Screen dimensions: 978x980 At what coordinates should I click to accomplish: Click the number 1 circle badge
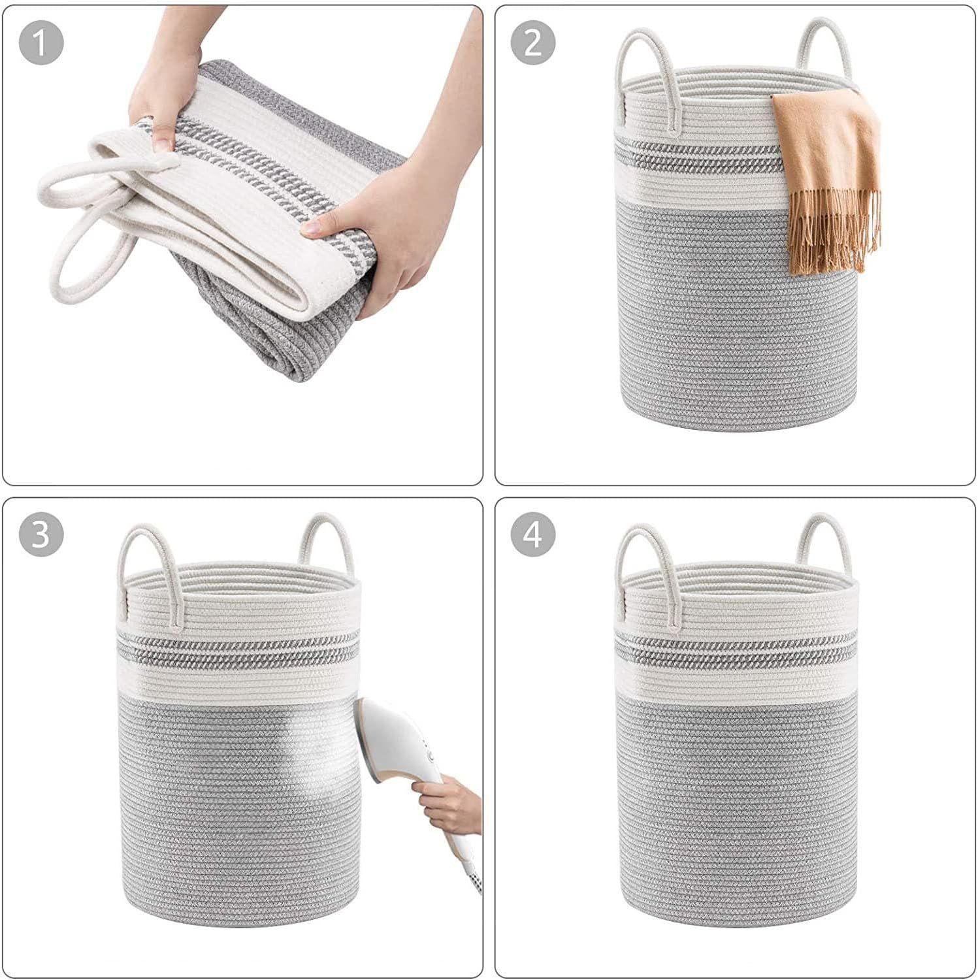pyautogui.click(x=41, y=43)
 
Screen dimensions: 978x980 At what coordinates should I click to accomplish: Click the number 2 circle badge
pyautogui.click(x=533, y=43)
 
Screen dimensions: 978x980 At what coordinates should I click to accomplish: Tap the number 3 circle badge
pyautogui.click(x=41, y=534)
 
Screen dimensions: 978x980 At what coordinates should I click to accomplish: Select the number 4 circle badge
pyautogui.click(x=533, y=534)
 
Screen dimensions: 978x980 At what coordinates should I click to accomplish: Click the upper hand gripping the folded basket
pyautogui.click(x=163, y=98)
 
